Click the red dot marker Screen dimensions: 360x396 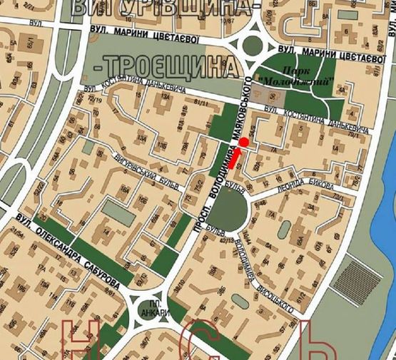[244, 143]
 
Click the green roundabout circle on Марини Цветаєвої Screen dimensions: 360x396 [253, 46]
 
